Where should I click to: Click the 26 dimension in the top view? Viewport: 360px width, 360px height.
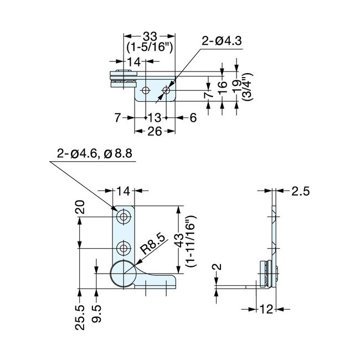155,131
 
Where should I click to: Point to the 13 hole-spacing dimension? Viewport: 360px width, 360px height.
156,117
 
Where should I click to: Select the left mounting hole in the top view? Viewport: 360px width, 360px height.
145,90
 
